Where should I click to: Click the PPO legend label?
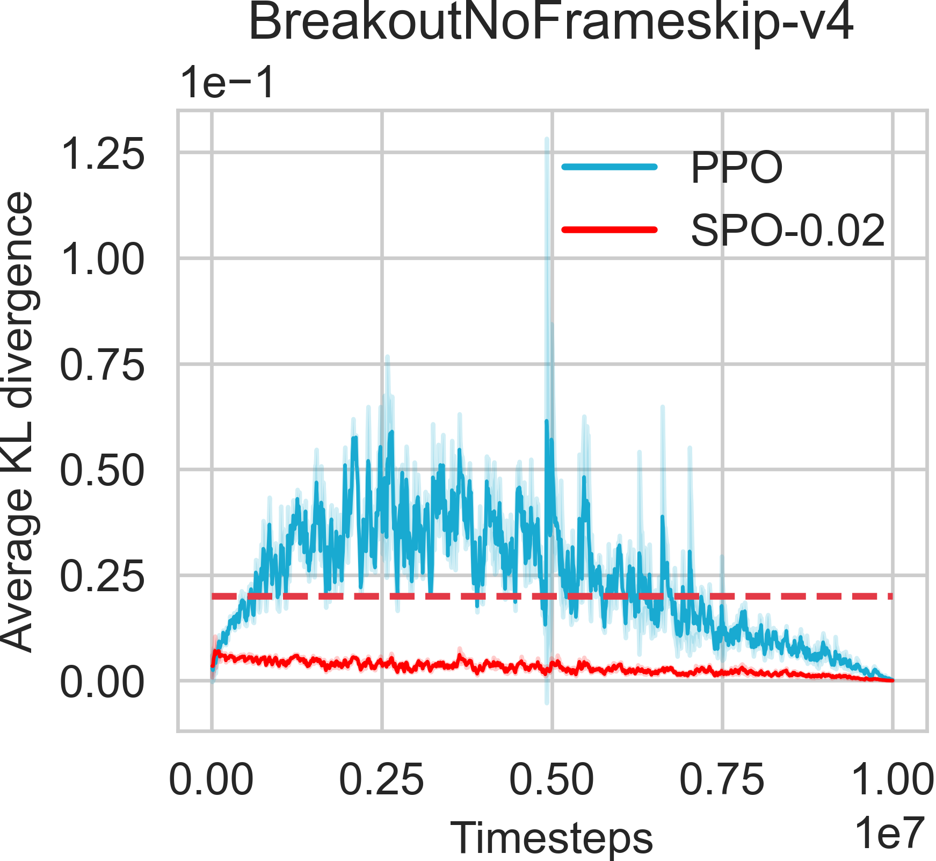point(736,168)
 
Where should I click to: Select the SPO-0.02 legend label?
point(787,231)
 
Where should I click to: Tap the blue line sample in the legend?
point(610,167)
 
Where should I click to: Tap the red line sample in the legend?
point(610,229)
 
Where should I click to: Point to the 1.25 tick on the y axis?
point(102,154)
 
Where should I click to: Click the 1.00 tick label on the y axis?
point(102,260)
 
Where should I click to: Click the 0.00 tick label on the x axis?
point(211,780)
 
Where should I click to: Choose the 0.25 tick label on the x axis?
point(381,780)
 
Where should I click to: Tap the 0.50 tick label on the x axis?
point(552,780)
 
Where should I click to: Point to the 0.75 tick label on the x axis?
point(722,780)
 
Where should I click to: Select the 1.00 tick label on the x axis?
point(892,780)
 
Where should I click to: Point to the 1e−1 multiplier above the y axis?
point(228,83)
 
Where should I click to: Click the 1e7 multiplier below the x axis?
point(889,833)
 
